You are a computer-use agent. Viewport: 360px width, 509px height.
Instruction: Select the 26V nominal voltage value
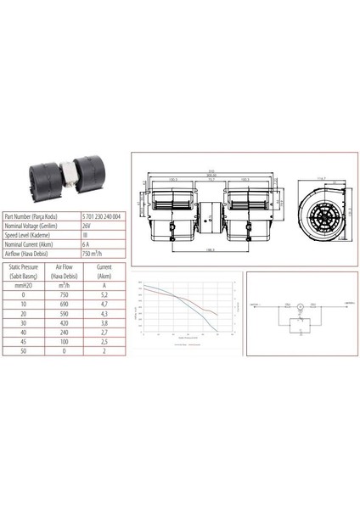click(87, 226)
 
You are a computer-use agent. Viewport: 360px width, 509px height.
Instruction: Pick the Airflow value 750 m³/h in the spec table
click(92, 252)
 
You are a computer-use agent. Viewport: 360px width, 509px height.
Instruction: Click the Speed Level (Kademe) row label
click(31, 234)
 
